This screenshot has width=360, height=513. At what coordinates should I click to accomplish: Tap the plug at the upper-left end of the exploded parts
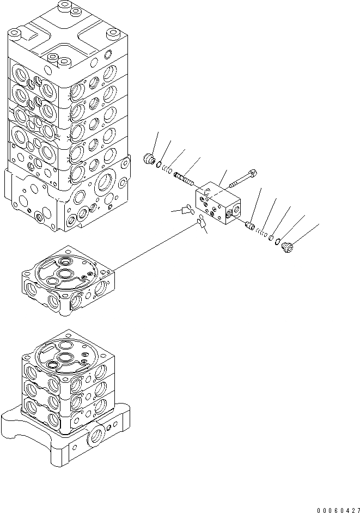point(147,159)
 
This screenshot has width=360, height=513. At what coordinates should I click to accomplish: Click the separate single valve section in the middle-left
point(68,283)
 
